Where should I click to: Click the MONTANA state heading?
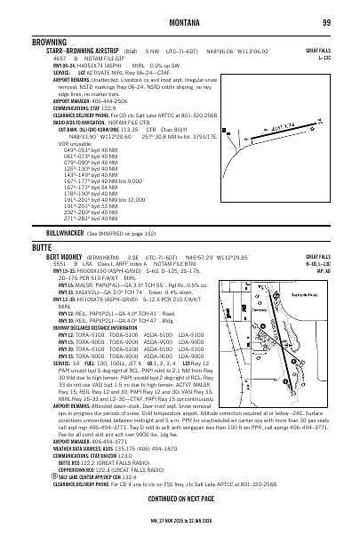point(179,22)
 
